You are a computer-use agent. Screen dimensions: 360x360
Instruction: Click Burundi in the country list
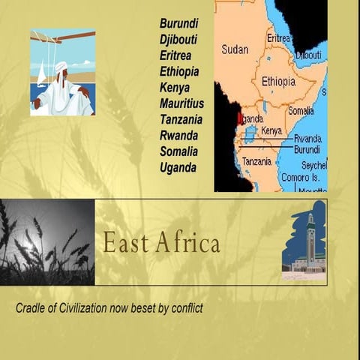178,23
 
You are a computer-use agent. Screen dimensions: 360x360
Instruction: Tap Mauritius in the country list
181,103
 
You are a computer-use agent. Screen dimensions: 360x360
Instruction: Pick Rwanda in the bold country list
178,136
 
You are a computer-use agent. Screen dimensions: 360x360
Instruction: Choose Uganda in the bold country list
178,167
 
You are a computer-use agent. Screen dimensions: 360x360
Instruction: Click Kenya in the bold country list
175,88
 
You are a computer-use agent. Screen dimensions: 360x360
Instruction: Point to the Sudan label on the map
235,49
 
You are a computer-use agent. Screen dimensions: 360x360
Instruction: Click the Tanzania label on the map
257,161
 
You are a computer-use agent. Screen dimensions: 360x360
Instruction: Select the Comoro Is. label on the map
300,178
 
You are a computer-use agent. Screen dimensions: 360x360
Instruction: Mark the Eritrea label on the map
278,37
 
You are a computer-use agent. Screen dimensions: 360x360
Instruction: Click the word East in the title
122,243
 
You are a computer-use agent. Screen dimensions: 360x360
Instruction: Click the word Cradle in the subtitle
32,308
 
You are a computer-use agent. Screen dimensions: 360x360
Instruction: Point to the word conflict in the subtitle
185,308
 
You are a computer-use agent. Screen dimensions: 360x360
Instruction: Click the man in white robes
63,88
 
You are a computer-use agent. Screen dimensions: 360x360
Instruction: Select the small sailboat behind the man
41,74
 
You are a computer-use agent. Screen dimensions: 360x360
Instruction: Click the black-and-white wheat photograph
47,242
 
